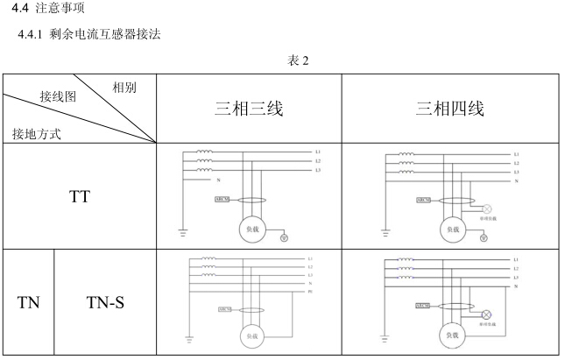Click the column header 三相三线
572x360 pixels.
248,108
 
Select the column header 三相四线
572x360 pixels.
449,108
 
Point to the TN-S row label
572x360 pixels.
109,303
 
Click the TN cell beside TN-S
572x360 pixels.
27,303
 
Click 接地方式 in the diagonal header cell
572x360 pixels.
37,134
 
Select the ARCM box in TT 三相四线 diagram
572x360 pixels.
422,200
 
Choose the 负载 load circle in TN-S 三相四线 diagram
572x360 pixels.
453,335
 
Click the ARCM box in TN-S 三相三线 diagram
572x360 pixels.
225,309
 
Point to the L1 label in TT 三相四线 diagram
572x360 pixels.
517,153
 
